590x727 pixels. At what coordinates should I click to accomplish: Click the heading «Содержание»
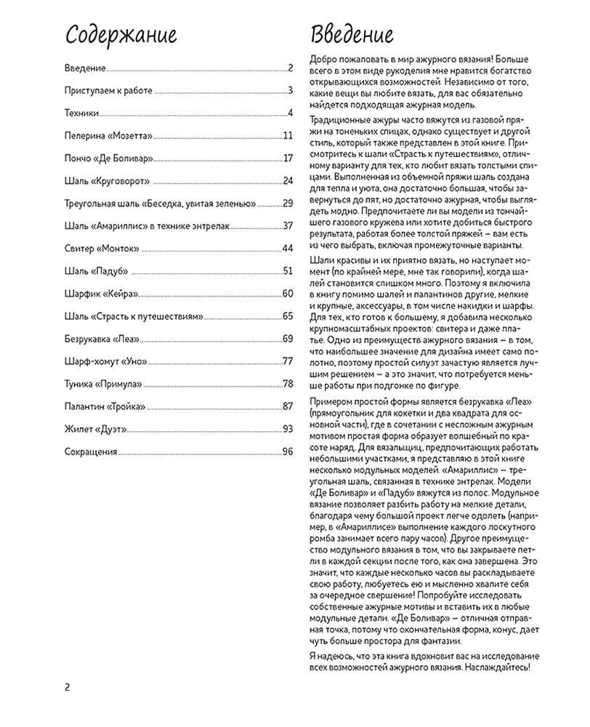pyautogui.click(x=121, y=35)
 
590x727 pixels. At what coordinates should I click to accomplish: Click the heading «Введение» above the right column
pyautogui.click(x=352, y=35)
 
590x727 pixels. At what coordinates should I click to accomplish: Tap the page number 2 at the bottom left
pyautogui.click(x=67, y=688)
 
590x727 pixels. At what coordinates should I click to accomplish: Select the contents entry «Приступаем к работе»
pyautogui.click(x=109, y=91)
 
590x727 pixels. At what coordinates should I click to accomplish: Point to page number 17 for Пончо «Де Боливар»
pyautogui.click(x=288, y=158)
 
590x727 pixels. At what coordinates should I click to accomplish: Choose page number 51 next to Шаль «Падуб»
pyautogui.click(x=287, y=271)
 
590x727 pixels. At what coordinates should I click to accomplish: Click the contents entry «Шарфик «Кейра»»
pyautogui.click(x=101, y=294)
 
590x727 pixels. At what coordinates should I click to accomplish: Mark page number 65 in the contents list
pyautogui.click(x=287, y=316)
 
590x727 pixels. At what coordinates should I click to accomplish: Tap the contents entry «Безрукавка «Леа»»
pyautogui.click(x=102, y=339)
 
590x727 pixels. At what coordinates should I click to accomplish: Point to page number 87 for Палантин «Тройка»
pyautogui.click(x=287, y=406)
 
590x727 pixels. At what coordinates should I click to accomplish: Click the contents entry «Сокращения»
pyautogui.click(x=91, y=451)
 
